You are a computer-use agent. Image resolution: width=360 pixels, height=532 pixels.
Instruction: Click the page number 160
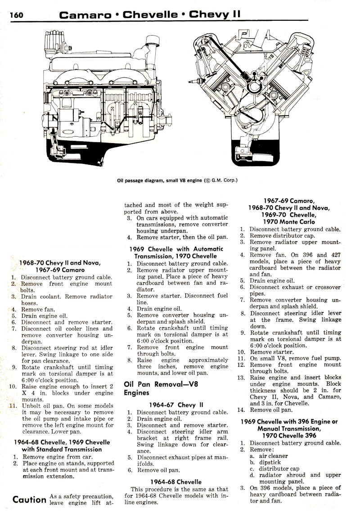tap(17, 15)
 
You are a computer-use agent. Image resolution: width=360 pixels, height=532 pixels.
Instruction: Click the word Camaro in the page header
tap(85, 15)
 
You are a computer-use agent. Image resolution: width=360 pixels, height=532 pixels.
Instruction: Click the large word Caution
tap(29, 499)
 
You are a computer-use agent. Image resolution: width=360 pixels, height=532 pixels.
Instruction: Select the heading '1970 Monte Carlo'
tap(289, 221)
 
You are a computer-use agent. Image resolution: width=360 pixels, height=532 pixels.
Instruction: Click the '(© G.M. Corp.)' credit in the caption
tap(220, 181)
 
